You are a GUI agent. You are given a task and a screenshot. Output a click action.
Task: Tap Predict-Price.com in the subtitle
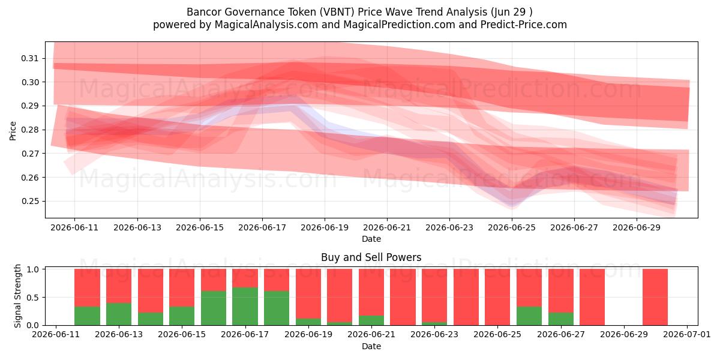(x=524, y=25)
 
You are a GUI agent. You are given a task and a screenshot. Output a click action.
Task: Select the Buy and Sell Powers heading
(x=371, y=257)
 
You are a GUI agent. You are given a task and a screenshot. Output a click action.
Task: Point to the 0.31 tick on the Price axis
(x=29, y=59)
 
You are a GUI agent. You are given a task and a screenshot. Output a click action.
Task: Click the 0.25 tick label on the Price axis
(x=29, y=201)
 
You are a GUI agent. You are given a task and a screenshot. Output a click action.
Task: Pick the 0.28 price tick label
(x=29, y=130)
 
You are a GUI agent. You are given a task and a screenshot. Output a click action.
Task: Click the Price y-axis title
(x=13, y=131)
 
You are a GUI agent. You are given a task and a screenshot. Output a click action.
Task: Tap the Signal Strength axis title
(x=17, y=296)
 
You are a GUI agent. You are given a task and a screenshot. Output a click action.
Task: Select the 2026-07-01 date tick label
(x=687, y=334)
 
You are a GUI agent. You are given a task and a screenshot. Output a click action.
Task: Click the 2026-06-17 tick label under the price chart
(x=262, y=227)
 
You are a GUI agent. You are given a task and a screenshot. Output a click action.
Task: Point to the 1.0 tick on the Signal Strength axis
(x=32, y=269)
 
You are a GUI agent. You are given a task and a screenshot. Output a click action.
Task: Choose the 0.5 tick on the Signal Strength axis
(x=32, y=298)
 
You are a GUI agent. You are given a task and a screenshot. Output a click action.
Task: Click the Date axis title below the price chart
(x=371, y=239)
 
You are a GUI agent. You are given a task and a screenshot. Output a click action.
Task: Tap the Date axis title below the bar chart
(x=371, y=346)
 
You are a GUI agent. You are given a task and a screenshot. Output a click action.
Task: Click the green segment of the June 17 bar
(x=245, y=307)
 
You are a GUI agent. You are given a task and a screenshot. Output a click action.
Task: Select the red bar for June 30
(x=655, y=297)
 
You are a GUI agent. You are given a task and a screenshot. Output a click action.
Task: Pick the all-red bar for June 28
(x=592, y=297)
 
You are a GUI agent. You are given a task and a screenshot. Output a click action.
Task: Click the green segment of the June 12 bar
(x=87, y=316)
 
